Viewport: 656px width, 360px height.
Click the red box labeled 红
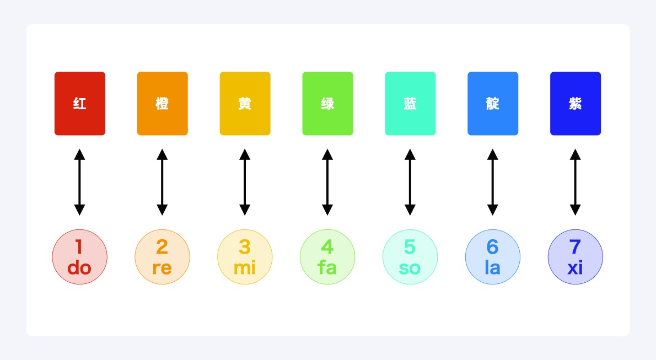tap(79, 104)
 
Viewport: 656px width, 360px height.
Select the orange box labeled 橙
tap(162, 104)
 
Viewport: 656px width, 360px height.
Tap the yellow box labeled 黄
tap(245, 104)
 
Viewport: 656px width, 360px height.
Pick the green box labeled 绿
tap(327, 104)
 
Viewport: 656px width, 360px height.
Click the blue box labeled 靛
tap(493, 104)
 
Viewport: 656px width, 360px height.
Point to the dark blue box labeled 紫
tap(576, 104)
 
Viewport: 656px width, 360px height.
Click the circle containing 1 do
tap(79, 257)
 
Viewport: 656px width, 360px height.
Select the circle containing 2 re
tap(162, 257)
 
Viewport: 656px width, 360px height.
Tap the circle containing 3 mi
tap(245, 257)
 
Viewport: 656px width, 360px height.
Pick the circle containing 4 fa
tap(327, 257)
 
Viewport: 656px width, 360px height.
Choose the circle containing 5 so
tap(410, 257)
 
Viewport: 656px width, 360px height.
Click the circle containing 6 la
tap(493, 257)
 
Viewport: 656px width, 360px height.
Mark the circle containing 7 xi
tap(576, 257)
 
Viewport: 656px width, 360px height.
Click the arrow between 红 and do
tap(79, 182)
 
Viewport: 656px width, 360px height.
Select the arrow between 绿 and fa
tap(327, 182)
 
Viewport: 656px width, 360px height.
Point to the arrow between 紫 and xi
tap(576, 182)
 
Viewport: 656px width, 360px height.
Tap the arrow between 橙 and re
tap(162, 182)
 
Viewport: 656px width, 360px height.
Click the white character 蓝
tap(410, 104)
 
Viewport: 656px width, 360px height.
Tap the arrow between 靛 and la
tap(493, 182)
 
